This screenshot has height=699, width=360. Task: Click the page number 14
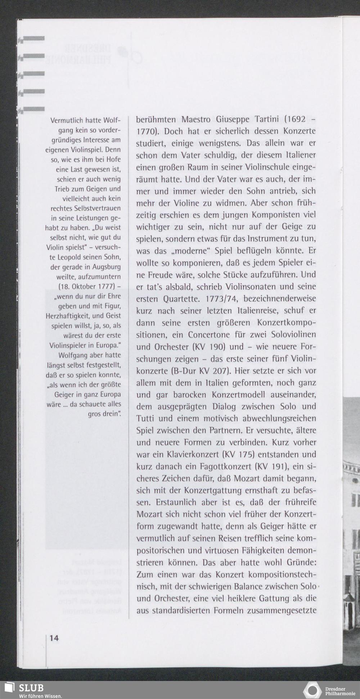tap(54, 637)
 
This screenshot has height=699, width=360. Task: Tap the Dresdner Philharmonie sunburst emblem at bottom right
tap(312, 690)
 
